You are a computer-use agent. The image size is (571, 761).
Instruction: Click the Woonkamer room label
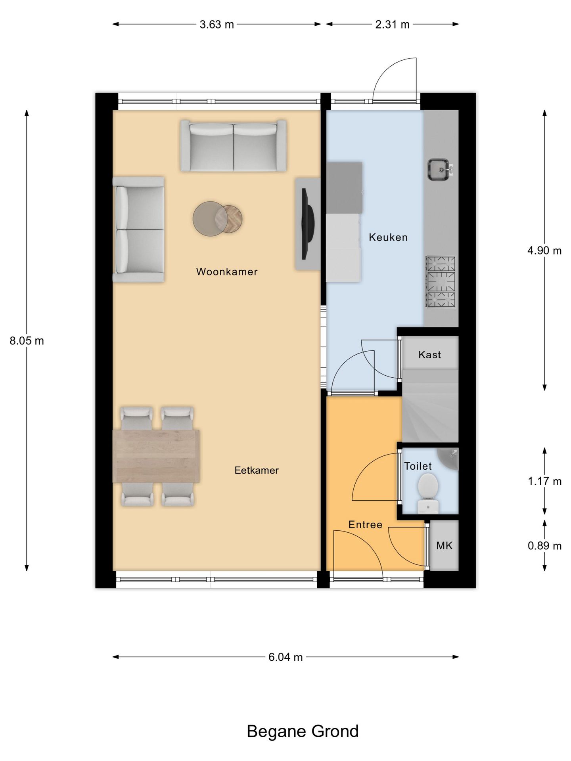227,272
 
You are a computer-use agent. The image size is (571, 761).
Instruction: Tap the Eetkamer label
257,470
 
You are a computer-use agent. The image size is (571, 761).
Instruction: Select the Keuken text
388,237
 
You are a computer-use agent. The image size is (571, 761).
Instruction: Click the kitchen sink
439,169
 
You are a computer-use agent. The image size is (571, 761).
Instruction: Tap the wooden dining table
156,456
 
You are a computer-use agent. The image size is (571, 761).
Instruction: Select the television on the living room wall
308,224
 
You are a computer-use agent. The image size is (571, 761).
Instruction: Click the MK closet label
444,546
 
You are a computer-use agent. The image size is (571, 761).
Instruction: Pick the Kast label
429,354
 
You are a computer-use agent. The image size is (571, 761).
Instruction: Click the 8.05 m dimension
27,341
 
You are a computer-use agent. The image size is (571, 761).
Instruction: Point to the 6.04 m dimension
285,657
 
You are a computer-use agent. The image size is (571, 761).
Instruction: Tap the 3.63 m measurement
217,25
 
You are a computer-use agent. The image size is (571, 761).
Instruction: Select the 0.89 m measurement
544,546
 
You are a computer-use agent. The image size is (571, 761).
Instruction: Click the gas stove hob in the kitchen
440,282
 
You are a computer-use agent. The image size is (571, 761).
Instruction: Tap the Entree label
365,525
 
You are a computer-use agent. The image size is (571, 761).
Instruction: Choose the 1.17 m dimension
544,481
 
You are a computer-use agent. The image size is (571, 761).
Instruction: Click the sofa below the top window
234,146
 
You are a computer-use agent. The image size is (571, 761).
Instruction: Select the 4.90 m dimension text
544,250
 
